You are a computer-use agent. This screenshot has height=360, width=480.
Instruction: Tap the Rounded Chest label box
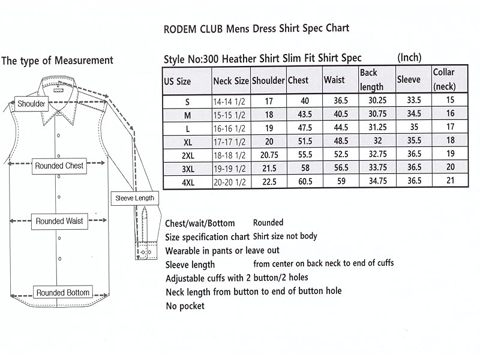click(59, 166)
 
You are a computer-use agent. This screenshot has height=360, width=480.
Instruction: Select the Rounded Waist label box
click(59, 221)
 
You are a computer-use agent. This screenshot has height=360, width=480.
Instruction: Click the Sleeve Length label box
click(134, 198)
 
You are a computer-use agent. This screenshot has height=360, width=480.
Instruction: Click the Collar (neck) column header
click(445, 80)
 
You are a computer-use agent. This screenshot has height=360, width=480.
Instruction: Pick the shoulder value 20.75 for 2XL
click(268, 155)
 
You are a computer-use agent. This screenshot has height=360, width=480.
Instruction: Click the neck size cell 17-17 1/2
click(231, 142)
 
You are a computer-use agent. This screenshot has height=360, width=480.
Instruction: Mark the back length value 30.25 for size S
click(376, 101)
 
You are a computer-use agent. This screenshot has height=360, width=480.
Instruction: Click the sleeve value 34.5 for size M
click(413, 115)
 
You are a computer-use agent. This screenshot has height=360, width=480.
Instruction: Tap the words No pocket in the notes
click(185, 306)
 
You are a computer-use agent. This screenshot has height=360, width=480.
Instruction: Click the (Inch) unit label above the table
click(409, 58)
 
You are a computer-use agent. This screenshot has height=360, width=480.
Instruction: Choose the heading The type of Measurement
click(58, 61)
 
